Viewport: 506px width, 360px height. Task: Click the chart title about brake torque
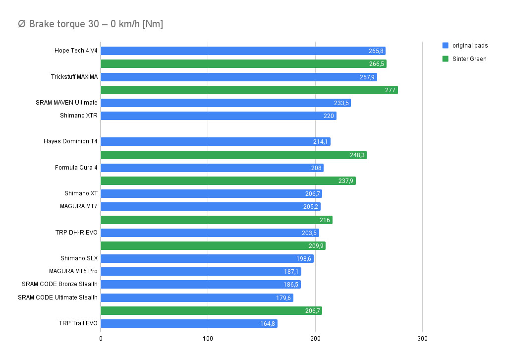(x=90, y=24)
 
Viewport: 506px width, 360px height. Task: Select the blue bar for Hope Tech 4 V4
(x=243, y=51)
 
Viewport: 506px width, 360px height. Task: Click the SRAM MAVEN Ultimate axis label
(x=66, y=103)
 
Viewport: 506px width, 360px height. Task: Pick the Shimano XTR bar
(x=218, y=116)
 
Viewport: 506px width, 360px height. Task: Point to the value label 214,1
(x=321, y=142)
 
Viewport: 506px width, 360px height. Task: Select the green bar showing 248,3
(x=233, y=155)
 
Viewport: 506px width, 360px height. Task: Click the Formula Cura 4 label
(x=76, y=168)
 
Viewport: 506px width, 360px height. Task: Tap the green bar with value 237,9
(x=228, y=180)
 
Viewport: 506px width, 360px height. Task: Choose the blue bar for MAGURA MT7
(x=211, y=206)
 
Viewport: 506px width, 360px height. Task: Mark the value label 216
(x=325, y=220)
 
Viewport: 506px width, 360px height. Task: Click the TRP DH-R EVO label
(x=76, y=233)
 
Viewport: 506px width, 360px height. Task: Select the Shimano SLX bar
(x=207, y=258)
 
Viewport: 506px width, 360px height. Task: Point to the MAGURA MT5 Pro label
(x=73, y=271)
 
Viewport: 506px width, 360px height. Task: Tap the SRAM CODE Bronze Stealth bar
(x=201, y=284)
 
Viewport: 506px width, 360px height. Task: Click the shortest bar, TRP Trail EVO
(x=189, y=323)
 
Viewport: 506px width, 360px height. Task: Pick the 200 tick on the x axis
(x=315, y=338)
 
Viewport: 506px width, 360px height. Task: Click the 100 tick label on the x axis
(x=208, y=338)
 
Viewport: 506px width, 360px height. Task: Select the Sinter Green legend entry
(x=469, y=59)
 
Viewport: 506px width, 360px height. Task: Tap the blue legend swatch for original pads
(x=445, y=46)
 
